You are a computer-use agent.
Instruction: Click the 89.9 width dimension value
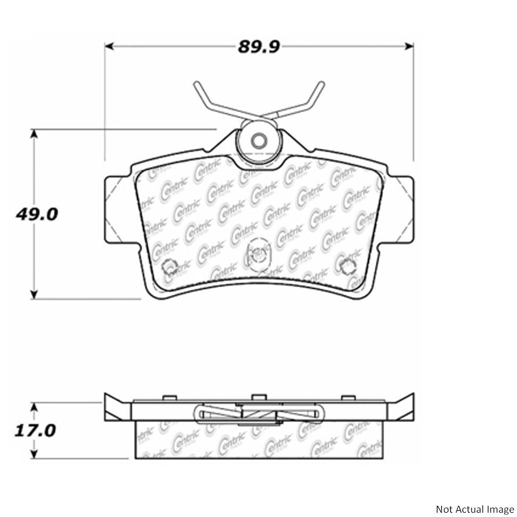tap(258, 47)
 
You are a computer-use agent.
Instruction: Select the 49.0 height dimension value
tap(37, 215)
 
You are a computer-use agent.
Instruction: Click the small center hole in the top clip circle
tap(258, 141)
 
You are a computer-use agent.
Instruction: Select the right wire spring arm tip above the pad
tap(321, 84)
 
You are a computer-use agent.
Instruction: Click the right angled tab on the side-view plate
tap(402, 408)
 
